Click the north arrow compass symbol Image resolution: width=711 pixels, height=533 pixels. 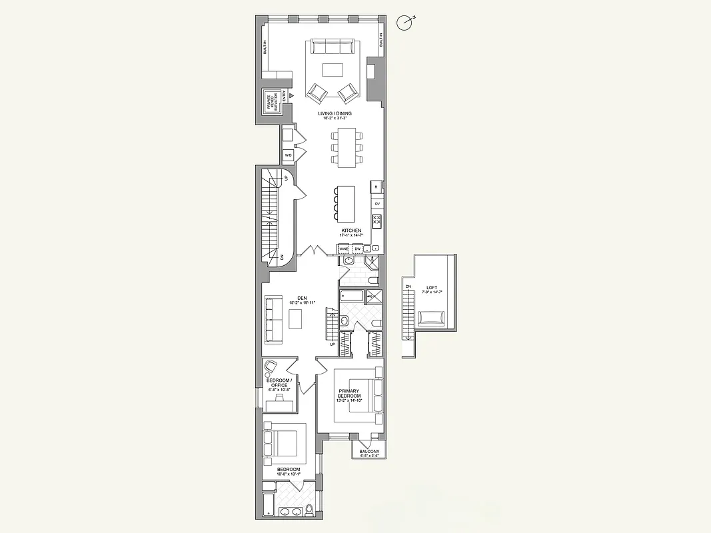pos(404,23)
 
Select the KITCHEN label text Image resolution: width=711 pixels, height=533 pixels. pos(351,231)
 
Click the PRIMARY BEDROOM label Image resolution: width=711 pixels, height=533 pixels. pos(349,394)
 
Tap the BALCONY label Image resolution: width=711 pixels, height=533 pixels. pos(369,452)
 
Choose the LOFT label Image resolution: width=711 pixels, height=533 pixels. pos(432,288)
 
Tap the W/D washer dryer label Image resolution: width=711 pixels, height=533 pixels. pos(289,155)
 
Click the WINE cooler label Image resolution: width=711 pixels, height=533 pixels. pos(344,249)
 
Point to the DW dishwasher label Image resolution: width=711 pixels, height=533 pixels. pos(358,249)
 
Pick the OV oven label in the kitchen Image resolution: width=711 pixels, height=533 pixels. pos(377,203)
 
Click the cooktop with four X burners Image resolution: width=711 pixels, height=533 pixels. pos(376,220)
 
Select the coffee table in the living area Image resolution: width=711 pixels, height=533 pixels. pos(333,69)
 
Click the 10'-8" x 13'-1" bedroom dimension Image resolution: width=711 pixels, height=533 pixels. pos(289,475)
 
